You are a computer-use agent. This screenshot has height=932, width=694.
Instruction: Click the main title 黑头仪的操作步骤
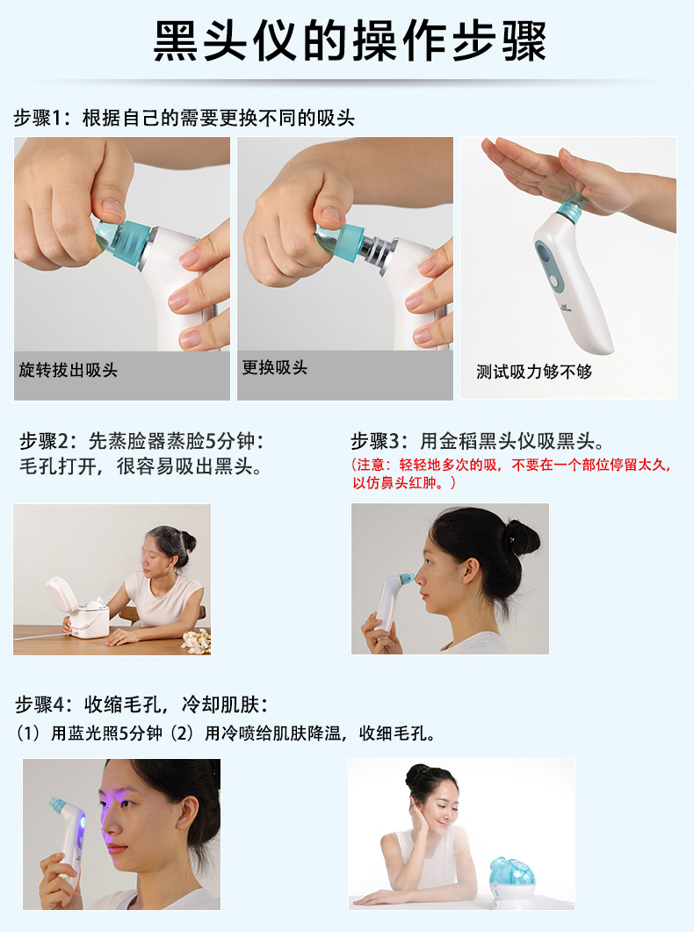(350, 41)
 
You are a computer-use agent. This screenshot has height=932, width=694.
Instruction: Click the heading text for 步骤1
(184, 118)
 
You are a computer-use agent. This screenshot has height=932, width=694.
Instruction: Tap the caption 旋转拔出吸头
(69, 370)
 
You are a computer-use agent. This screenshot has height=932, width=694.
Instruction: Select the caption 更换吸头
(274, 367)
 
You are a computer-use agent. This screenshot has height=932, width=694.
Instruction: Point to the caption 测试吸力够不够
(534, 372)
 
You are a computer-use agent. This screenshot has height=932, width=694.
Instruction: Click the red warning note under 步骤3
(511, 473)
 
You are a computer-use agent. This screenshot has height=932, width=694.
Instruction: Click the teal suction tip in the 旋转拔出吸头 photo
(123, 242)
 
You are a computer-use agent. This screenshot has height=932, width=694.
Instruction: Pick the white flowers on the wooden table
(196, 642)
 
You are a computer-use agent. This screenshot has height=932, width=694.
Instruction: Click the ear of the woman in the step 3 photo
(471, 571)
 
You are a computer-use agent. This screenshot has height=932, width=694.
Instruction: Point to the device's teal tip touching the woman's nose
(407, 578)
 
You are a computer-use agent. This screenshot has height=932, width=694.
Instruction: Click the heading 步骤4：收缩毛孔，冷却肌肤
(141, 705)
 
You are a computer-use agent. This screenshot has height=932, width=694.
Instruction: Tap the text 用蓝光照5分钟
(106, 733)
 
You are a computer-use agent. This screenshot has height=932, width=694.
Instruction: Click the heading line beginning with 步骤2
(141, 441)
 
